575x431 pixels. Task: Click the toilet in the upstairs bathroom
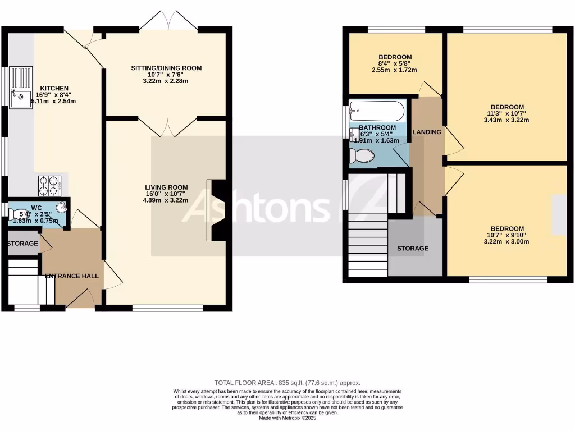point(361,155)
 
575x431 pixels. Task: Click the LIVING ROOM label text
point(166,187)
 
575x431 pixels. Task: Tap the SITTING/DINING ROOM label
point(166,68)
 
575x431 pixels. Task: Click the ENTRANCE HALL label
point(72,276)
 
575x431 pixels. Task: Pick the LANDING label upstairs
point(427,132)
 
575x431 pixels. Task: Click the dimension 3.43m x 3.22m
point(507,120)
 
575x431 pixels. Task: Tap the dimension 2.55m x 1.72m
point(395,70)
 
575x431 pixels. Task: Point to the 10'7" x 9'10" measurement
point(507,235)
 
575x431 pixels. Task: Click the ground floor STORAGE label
point(22,244)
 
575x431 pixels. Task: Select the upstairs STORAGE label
point(413,248)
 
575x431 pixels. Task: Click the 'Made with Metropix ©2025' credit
point(287,418)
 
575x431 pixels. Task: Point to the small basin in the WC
point(61,209)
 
